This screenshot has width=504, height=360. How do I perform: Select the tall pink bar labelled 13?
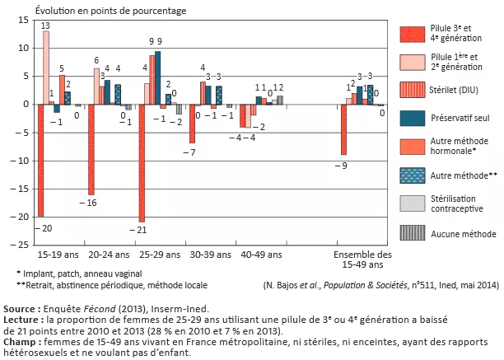46,68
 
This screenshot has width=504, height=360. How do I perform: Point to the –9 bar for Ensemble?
343,130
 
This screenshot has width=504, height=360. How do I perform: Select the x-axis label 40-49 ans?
260,256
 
